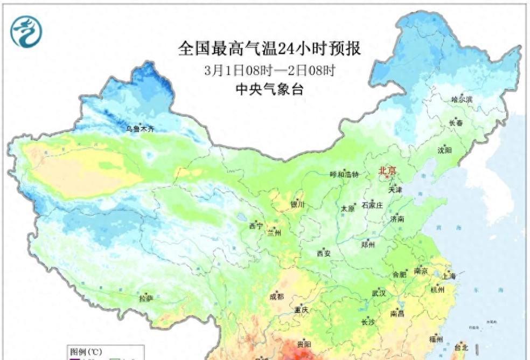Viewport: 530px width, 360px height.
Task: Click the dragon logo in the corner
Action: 25,31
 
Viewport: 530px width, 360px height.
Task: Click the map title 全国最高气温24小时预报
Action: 269,49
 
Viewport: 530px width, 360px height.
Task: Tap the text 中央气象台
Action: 269,89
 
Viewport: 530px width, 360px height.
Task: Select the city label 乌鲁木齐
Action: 140,129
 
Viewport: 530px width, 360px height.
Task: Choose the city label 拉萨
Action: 146,298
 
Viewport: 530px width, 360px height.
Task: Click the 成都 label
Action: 276,296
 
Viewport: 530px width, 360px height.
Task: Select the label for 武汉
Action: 379,294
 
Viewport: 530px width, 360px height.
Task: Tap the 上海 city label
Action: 449,276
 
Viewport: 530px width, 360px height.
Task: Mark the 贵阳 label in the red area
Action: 304,344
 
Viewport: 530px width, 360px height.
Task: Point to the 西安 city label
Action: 323,253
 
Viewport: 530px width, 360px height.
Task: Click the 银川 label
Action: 297,204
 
